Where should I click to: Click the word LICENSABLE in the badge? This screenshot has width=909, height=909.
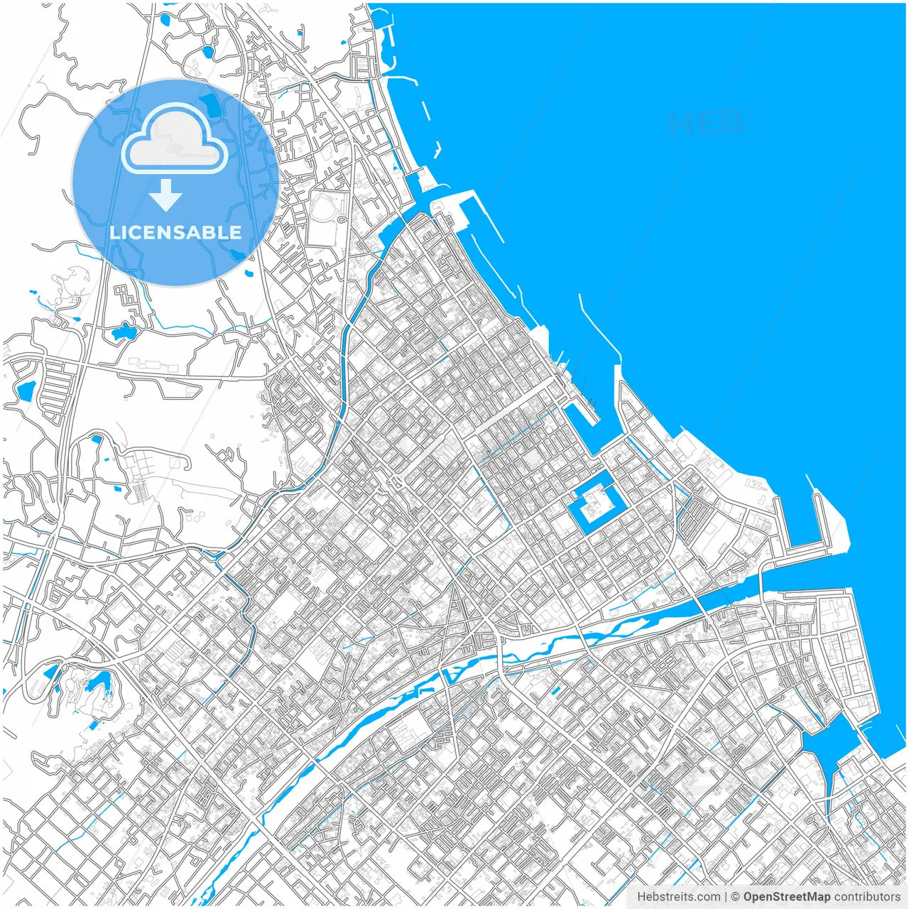[175, 232]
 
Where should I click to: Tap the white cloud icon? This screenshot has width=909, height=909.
[175, 140]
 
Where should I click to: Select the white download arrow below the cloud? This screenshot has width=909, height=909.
[166, 195]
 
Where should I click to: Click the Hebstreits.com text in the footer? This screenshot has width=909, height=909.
[678, 897]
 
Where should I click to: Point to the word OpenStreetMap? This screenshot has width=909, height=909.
[787, 897]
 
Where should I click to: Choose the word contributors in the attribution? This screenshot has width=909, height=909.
[867, 897]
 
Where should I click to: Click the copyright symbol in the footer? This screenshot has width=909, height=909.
[736, 897]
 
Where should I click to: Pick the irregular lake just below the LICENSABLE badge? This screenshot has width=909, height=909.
[124, 330]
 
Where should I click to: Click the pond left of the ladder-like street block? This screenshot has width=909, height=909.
[26, 390]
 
